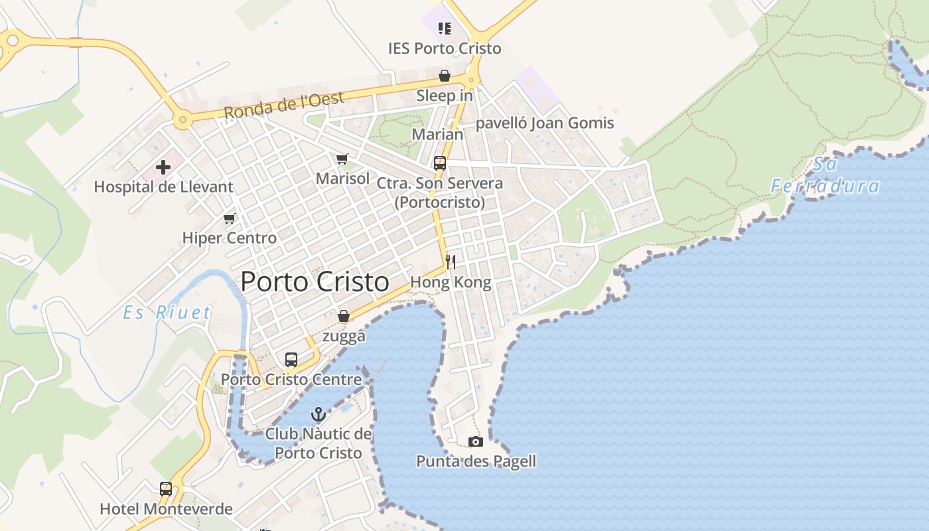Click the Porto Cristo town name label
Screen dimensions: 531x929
(x=315, y=282)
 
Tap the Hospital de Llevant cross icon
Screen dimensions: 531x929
(x=163, y=167)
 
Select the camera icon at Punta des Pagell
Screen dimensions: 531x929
(x=476, y=441)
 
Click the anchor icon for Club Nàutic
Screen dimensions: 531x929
(x=319, y=415)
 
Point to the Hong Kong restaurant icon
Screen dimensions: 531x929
(x=451, y=262)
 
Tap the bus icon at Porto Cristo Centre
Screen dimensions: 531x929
(x=291, y=360)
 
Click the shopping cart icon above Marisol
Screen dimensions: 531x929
(x=342, y=159)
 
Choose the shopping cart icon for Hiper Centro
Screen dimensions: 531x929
(x=230, y=218)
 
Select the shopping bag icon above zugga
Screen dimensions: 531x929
(x=344, y=317)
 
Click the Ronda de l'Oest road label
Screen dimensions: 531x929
(x=284, y=106)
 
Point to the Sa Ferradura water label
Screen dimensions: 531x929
(x=825, y=175)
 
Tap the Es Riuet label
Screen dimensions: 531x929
(x=167, y=313)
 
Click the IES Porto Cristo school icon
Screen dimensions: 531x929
(x=445, y=28)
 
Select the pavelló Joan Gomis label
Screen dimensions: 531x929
(x=545, y=123)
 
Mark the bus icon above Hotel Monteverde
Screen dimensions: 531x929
(x=166, y=489)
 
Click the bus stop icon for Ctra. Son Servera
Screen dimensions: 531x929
(x=439, y=163)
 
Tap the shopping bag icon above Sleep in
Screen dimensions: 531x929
(x=445, y=76)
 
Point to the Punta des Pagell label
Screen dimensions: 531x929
(x=476, y=461)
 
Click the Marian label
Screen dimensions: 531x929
(x=438, y=134)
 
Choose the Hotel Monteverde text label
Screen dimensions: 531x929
(x=166, y=509)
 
